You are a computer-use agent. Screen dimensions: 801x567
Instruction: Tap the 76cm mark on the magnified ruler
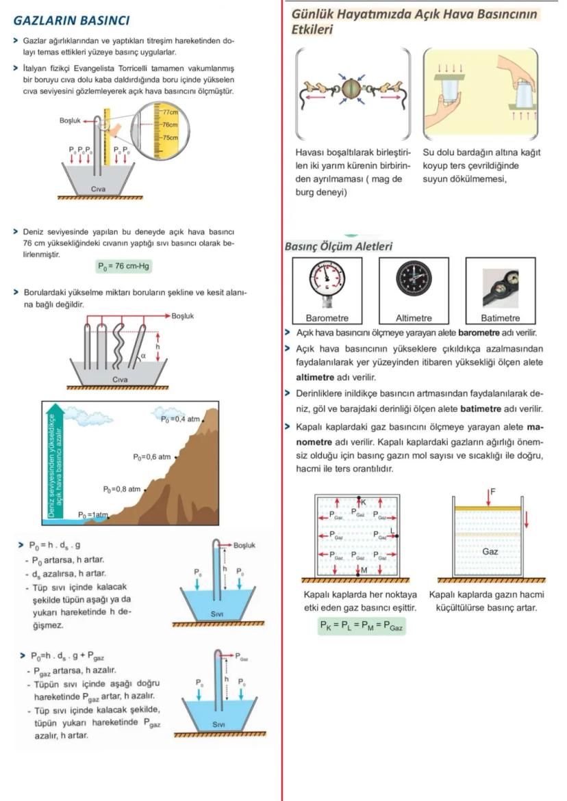[169, 125]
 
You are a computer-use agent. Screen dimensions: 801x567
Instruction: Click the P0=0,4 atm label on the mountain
[179, 419]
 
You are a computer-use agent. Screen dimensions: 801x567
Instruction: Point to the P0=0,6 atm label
[151, 456]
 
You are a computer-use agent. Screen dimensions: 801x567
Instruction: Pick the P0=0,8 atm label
[121, 489]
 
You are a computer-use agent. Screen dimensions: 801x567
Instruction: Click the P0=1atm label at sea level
[93, 514]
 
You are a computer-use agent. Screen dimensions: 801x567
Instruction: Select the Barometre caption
[327, 318]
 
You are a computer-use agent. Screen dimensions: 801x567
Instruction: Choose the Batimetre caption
[500, 318]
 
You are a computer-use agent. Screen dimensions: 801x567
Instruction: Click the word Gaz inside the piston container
[490, 551]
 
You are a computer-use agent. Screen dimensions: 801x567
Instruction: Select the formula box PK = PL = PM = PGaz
[362, 625]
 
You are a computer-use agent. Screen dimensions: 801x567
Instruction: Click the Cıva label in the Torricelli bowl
[98, 187]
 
